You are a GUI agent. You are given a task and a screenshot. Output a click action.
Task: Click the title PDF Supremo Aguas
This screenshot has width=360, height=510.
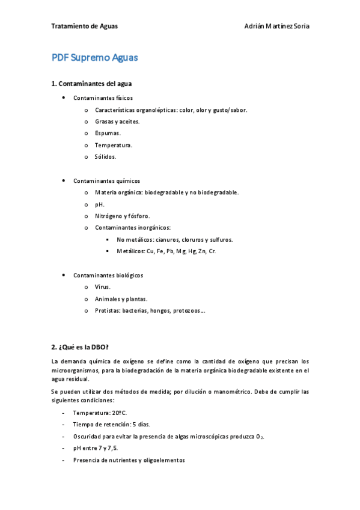(x=95, y=58)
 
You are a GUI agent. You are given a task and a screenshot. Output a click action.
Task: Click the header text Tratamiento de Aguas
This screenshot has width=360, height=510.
(x=85, y=26)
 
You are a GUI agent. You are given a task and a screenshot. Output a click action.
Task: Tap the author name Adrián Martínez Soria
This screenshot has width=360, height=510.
(x=277, y=26)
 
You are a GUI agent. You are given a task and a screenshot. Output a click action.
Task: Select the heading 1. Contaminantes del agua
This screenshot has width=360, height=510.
(x=91, y=84)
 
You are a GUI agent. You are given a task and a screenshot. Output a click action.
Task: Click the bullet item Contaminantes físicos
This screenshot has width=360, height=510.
(x=103, y=97)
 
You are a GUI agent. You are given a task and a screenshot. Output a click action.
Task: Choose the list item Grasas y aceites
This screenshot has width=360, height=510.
(x=117, y=121)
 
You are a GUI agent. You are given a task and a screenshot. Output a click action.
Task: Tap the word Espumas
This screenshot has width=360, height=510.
(x=108, y=133)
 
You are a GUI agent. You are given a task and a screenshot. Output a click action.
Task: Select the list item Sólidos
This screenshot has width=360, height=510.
(x=106, y=157)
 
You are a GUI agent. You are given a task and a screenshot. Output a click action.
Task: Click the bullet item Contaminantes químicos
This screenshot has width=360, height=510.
(x=106, y=180)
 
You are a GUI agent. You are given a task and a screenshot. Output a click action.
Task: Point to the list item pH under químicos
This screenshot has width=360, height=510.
(x=100, y=204)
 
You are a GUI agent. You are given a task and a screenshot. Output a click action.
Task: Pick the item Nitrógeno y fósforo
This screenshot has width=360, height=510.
(x=123, y=216)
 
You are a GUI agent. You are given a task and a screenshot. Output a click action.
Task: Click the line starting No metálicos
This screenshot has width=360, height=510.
(x=175, y=239)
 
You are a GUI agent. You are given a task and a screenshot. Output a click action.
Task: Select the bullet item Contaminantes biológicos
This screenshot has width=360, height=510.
(x=108, y=275)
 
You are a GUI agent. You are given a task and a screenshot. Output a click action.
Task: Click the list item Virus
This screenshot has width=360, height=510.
(x=103, y=287)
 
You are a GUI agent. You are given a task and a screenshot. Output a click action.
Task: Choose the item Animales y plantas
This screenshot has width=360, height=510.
(x=121, y=299)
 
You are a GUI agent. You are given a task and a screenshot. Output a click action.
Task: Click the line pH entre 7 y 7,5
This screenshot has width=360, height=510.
(x=95, y=448)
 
